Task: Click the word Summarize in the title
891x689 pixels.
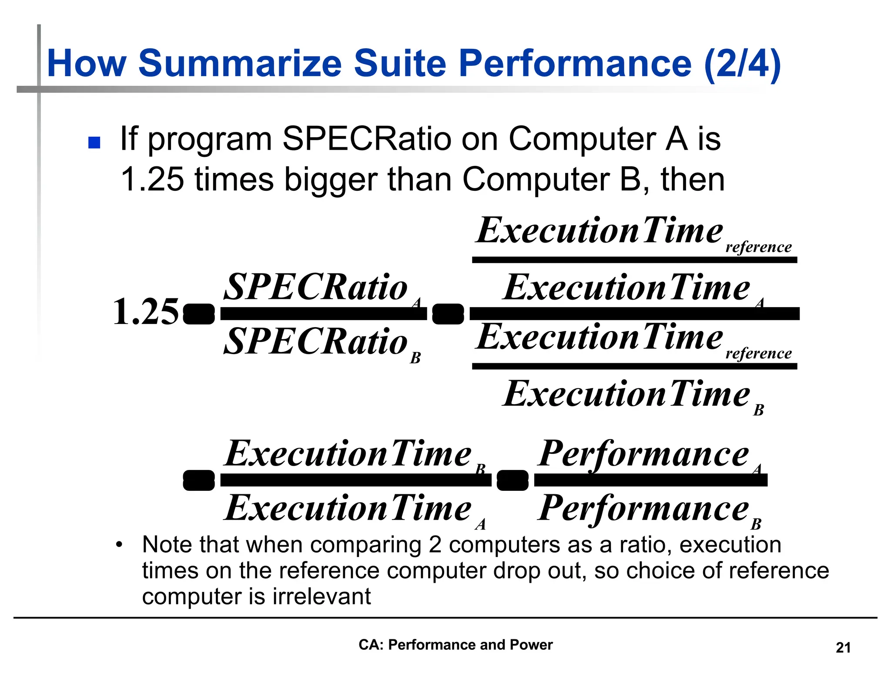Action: [240, 64]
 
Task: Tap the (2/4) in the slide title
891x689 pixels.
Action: [742, 64]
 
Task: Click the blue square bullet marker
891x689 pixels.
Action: [94, 142]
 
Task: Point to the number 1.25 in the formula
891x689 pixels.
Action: [145, 312]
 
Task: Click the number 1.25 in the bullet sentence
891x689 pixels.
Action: [152, 179]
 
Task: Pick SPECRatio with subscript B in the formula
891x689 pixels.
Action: [316, 341]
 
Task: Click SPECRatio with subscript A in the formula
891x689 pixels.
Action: [316, 287]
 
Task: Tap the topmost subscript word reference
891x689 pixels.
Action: [758, 247]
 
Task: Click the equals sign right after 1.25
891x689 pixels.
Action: [199, 314]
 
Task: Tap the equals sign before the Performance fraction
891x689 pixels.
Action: [512, 480]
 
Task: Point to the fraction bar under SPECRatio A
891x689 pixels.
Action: [323, 314]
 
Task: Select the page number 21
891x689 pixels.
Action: [843, 648]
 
